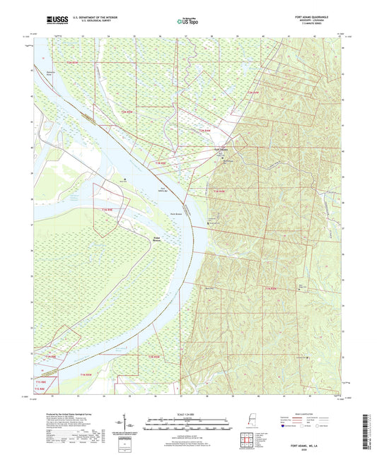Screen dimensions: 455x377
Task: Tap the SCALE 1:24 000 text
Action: (187, 414)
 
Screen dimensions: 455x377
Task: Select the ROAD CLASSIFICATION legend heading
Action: (306, 414)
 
